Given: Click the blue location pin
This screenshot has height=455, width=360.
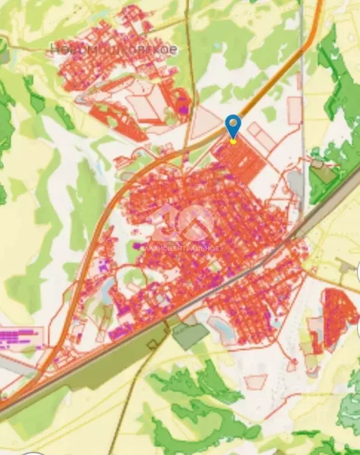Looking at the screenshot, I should click(234, 125).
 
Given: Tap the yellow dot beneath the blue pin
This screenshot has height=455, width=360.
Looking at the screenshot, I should click(234, 141).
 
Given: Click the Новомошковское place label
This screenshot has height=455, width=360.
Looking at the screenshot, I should click(113, 49).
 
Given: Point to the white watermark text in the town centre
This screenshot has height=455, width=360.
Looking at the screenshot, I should click(180, 248).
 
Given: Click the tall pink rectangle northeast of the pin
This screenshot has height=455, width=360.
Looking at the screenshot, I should click(294, 110).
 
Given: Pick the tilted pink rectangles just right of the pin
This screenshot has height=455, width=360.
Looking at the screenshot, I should click(261, 137).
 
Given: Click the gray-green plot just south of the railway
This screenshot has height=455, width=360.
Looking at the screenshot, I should click(190, 335).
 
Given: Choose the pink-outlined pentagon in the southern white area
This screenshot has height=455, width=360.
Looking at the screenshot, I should click(256, 382).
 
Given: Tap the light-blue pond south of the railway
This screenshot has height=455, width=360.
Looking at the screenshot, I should click(222, 329).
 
